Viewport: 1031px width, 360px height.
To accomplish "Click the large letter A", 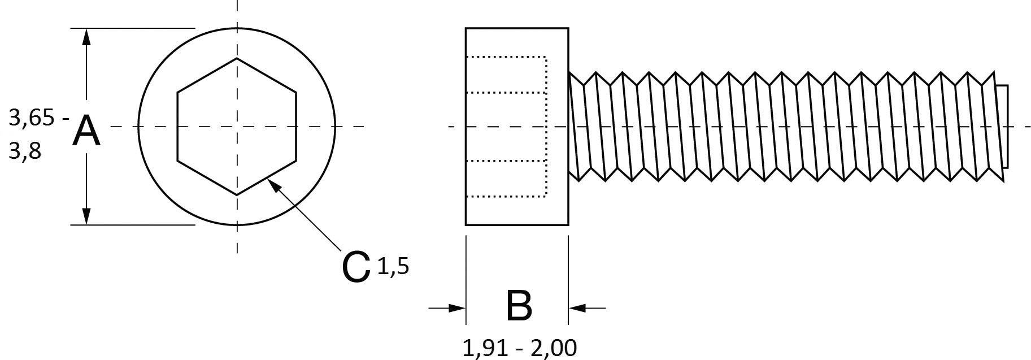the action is (x=86, y=131).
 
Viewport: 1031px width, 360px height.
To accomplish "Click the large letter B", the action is (x=519, y=306).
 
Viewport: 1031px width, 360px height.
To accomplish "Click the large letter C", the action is (x=356, y=267).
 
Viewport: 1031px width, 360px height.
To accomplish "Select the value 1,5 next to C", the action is (x=392, y=266).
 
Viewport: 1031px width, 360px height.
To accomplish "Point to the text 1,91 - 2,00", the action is (x=519, y=348).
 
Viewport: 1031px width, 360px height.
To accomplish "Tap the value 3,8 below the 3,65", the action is (x=25, y=151).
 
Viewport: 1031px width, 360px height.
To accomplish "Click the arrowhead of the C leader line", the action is (x=273, y=184).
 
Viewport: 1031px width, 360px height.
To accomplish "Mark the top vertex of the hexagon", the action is (x=237, y=58).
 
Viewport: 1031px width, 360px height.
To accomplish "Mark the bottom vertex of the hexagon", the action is (x=237, y=195).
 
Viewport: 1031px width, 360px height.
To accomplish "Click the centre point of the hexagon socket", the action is (x=237, y=127).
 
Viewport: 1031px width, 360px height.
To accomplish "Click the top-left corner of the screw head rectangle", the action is (x=466, y=28).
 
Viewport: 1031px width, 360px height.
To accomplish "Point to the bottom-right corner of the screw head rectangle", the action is (x=568, y=224).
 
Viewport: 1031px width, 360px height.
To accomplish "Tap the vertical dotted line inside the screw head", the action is (x=546, y=127).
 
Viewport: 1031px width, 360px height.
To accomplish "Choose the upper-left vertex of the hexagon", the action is (x=178, y=92).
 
